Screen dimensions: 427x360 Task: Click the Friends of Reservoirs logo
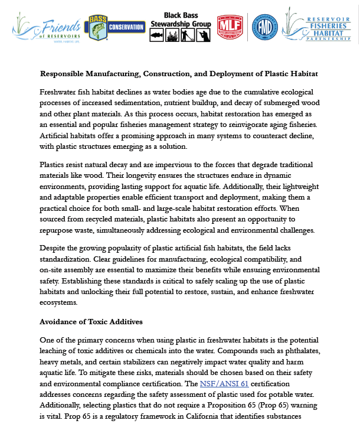point(44,27)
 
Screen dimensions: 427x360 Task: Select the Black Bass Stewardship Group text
point(180,19)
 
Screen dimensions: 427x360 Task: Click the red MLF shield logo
point(230,27)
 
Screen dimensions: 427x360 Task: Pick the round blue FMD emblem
point(265,27)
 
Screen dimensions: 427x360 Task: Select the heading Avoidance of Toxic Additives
point(91,322)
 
